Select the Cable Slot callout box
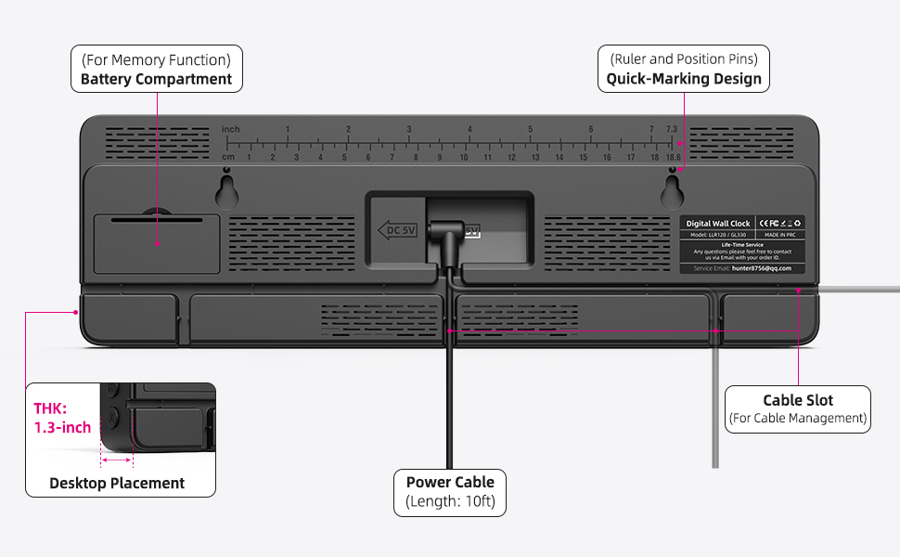pos(797,409)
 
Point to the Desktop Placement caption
pos(117,483)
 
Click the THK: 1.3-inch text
pos(62,418)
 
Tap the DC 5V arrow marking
pos(396,229)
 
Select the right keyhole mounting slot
pos(673,191)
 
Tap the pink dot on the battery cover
pos(158,244)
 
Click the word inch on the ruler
pos(230,129)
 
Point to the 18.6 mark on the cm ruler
pos(674,158)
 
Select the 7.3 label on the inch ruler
pos(670,129)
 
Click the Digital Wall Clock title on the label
pos(717,224)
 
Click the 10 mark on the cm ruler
pos(464,158)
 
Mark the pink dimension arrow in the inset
pos(117,460)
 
